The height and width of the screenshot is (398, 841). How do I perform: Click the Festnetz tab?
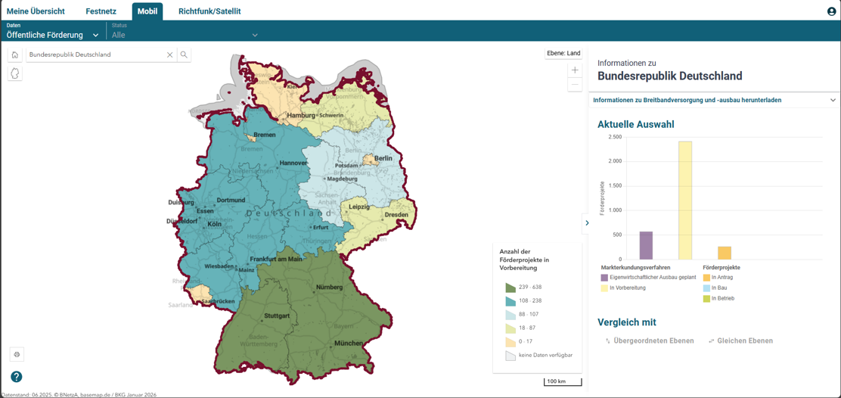click(x=101, y=11)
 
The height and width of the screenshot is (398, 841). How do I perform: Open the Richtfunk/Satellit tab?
click(x=209, y=11)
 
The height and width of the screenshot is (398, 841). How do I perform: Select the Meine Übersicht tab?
click(x=36, y=11)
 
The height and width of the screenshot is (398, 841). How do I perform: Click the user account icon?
click(x=831, y=11)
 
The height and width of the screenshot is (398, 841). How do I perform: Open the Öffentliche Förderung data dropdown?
click(x=53, y=35)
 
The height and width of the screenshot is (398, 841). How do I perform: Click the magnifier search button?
click(x=184, y=54)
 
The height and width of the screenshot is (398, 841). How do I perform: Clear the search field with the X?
click(x=170, y=54)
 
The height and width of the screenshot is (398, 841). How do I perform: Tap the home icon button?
click(x=14, y=54)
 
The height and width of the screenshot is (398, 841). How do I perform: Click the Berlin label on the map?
click(x=383, y=158)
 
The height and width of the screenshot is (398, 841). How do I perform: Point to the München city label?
click(x=348, y=344)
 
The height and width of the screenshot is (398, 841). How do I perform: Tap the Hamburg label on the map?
click(x=300, y=116)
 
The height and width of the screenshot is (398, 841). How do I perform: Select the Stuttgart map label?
click(x=277, y=316)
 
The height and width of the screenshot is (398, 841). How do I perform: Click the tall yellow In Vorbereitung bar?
click(x=684, y=201)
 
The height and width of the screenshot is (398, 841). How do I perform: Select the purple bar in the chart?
click(x=646, y=245)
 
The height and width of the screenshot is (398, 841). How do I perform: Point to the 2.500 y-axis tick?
click(x=614, y=137)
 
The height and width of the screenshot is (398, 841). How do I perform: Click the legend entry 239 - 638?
click(x=529, y=288)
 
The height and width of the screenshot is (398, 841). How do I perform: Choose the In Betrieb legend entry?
click(x=722, y=299)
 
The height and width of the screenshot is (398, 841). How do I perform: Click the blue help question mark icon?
click(x=16, y=377)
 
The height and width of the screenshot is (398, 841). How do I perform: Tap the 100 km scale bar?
click(x=562, y=381)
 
